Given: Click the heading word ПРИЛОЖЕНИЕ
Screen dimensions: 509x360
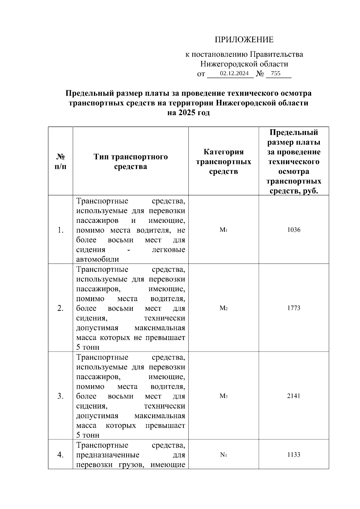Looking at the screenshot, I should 244,40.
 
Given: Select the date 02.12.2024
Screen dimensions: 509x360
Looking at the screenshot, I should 234,73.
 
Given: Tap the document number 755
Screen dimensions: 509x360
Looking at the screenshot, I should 275,73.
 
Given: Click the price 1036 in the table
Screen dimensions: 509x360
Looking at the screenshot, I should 293,230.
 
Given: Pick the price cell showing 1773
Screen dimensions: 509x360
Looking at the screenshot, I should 293,308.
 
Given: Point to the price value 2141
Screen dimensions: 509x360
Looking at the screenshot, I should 293,396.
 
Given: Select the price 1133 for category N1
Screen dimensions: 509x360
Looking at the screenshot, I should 293,455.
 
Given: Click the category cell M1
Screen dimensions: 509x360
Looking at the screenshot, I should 223,230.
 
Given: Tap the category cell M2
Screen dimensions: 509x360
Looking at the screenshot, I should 223,308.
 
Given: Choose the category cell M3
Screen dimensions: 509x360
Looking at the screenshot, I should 223,396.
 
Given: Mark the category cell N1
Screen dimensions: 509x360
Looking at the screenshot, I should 223,455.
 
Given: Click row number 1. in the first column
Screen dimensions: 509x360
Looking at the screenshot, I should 61,230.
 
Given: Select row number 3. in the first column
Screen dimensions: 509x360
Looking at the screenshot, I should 61,396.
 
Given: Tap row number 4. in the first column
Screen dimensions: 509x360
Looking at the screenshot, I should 61,455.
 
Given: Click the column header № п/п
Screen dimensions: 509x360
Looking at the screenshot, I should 61,161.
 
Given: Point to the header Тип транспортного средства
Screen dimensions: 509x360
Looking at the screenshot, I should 130,161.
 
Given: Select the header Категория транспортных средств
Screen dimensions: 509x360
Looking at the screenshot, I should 223,161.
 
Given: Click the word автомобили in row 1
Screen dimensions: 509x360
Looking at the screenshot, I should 97,259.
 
